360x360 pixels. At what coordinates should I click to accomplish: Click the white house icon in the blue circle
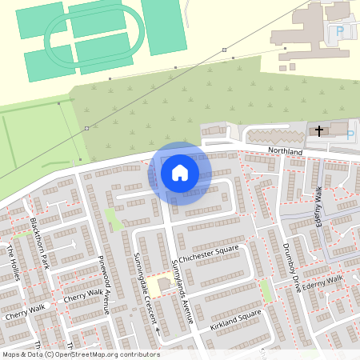180,173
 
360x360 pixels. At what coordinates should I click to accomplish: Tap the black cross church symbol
319,130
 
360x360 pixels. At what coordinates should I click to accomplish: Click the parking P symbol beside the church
350,134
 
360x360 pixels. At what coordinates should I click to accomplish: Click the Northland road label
286,151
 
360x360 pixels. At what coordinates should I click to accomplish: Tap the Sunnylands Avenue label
182,291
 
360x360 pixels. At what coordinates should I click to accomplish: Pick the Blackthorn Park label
41,242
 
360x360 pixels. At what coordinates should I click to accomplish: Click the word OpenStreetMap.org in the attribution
88,354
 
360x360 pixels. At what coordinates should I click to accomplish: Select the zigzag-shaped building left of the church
273,137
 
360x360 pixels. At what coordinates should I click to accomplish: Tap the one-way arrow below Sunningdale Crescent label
158,330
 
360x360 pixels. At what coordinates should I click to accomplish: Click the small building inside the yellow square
164,284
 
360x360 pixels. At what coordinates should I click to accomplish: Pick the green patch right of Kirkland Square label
266,291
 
